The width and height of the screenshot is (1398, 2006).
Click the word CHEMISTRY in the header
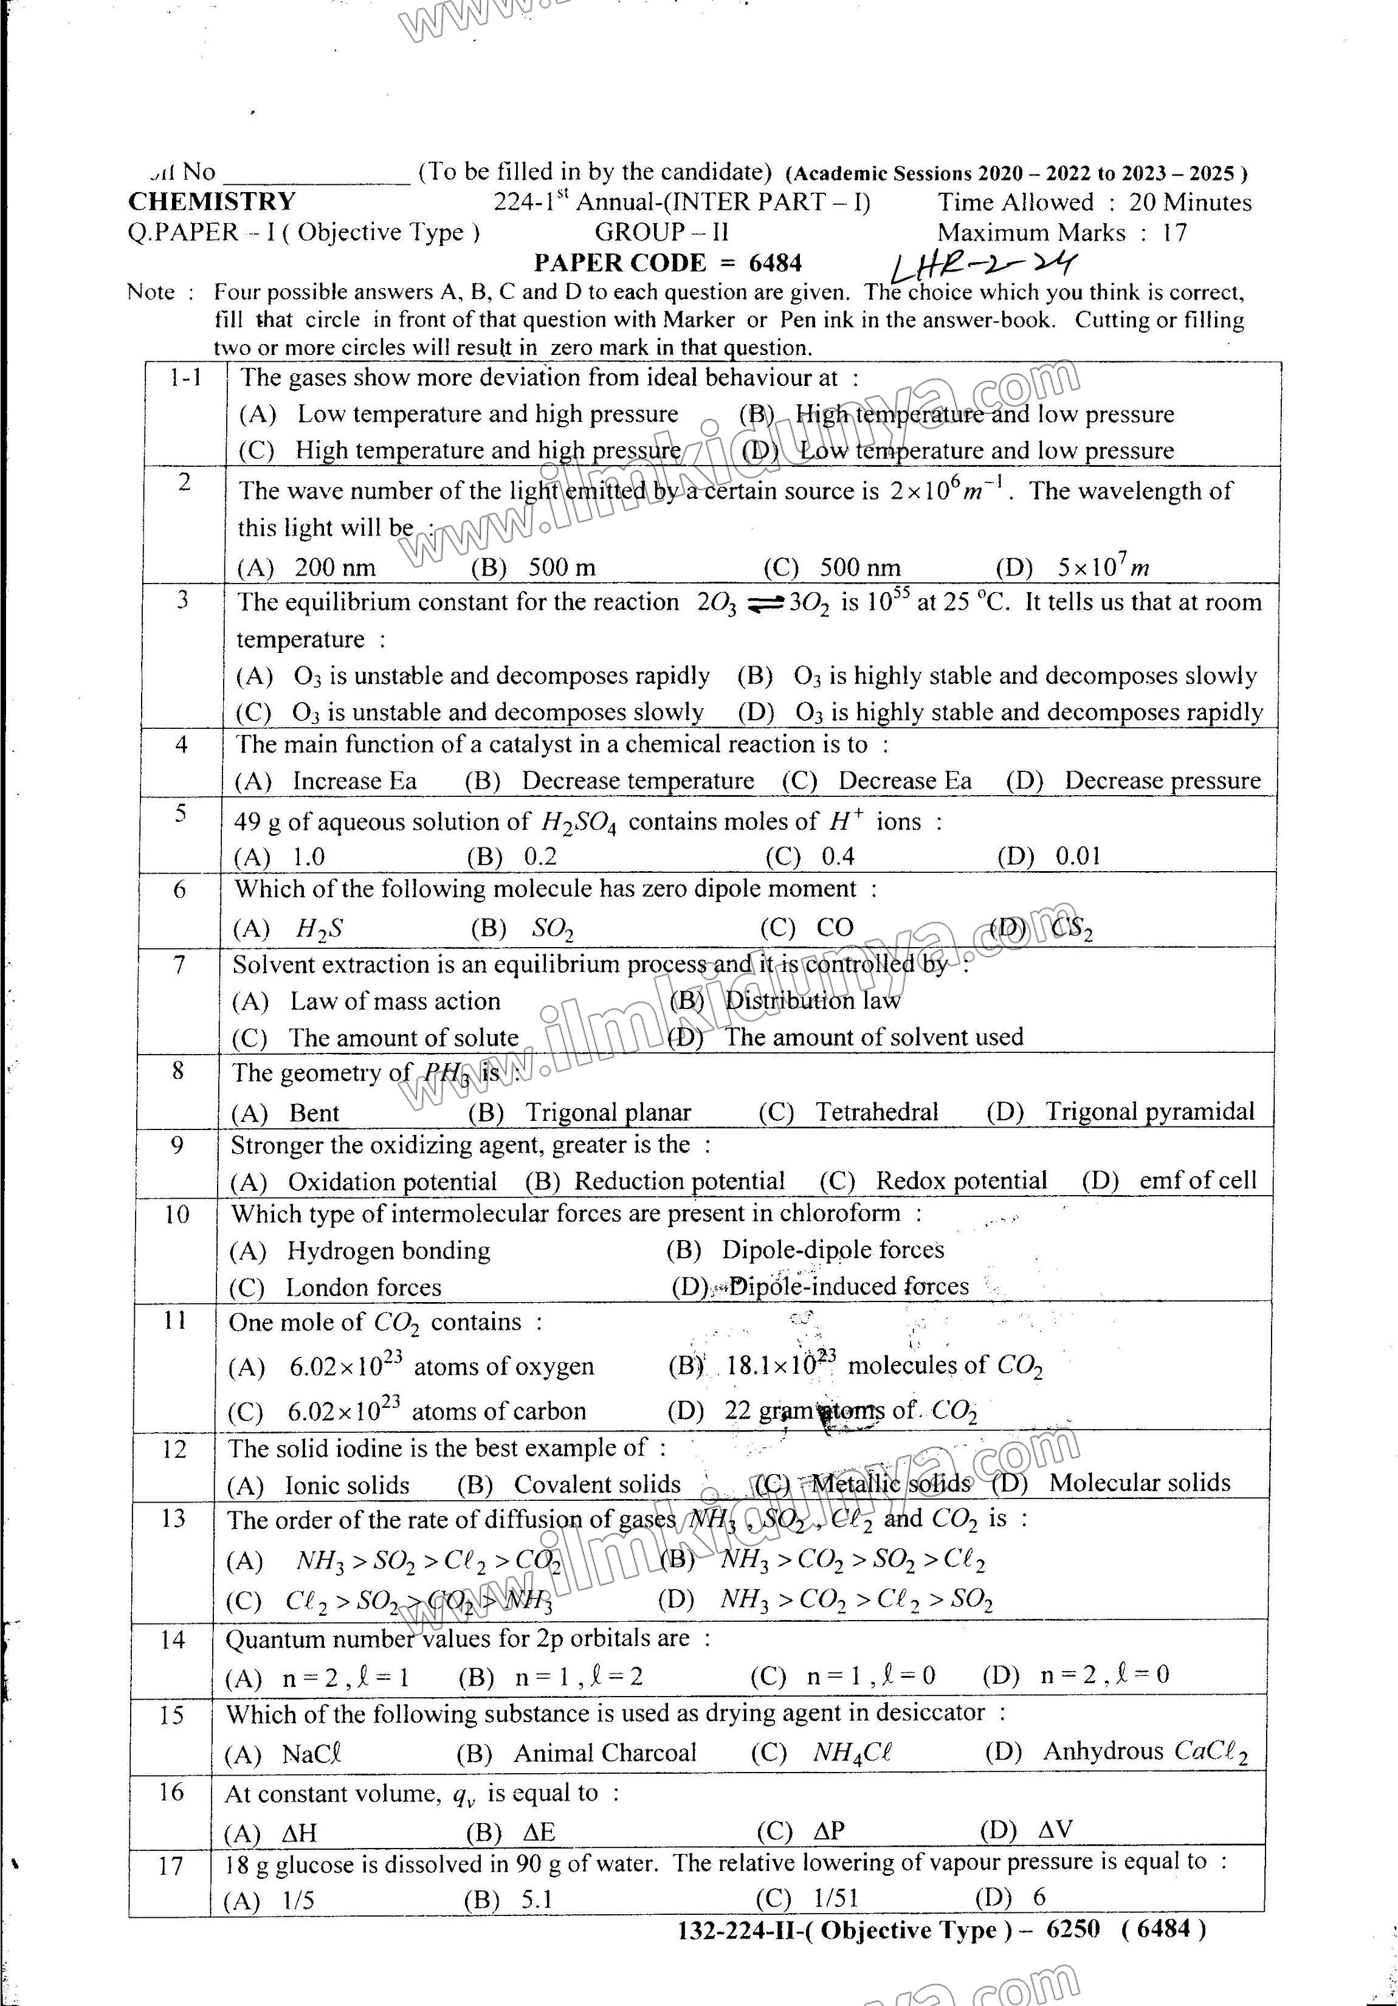click(212, 202)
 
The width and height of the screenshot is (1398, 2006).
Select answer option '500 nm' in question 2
click(859, 568)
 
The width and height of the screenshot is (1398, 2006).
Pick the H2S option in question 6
click(319, 928)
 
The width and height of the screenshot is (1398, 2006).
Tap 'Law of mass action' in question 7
click(395, 1001)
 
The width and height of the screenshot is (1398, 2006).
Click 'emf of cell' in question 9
click(1197, 1181)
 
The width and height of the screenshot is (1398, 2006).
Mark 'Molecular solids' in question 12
click(1139, 1483)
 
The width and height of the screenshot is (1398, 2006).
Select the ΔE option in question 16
click(539, 1832)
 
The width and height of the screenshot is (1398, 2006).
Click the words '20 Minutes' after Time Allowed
click(1190, 202)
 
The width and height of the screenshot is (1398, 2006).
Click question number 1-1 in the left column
click(186, 377)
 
